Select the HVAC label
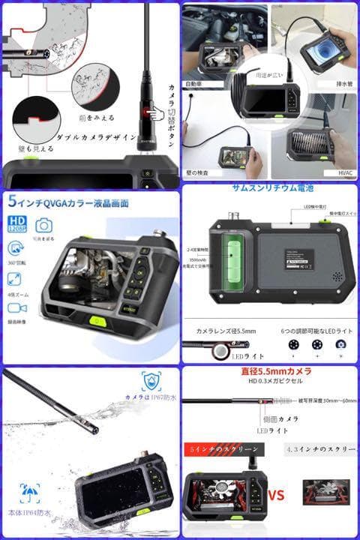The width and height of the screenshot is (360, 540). pyautogui.click(x=346, y=174)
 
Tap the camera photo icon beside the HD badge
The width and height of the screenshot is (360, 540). pyautogui.click(x=43, y=225)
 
